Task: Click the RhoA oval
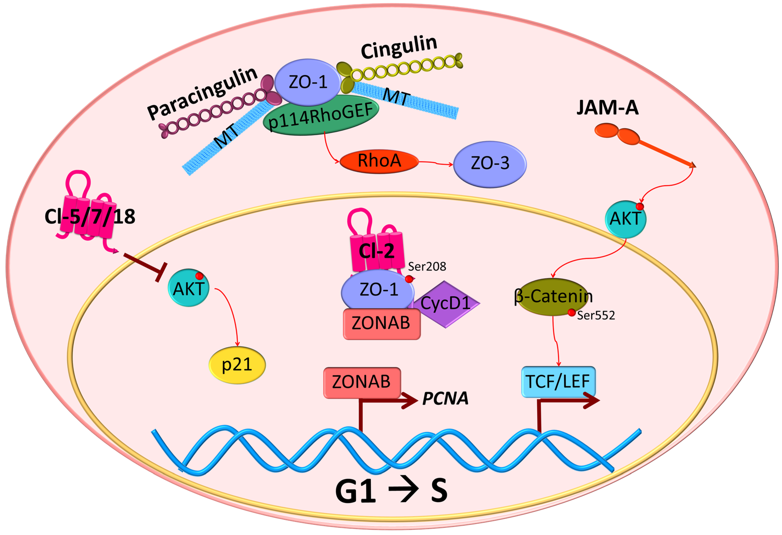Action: tap(379, 162)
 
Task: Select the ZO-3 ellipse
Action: tap(490, 164)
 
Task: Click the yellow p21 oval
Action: tap(237, 365)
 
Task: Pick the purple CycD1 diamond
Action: tap(445, 304)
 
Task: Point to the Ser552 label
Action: tap(596, 316)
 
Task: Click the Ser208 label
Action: tap(427, 267)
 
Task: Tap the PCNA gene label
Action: tap(445, 398)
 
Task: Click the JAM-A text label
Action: tap(607, 108)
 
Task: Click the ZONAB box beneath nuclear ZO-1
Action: tap(381, 324)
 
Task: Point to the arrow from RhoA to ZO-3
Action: tap(436, 163)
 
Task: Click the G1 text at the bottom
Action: tap(355, 491)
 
